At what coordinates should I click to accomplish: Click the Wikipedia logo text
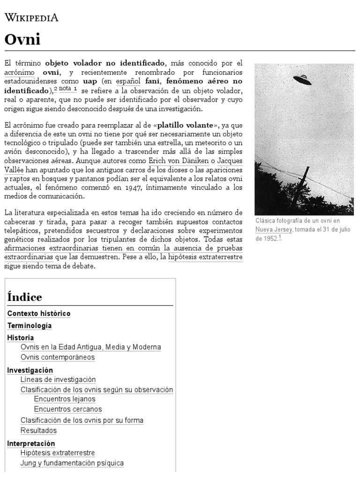pos(31,18)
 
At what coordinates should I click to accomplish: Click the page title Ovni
pos(22,39)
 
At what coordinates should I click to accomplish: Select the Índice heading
pos(25,297)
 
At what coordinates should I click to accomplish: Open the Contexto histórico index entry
pos(39,313)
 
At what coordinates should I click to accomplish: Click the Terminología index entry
pos(30,325)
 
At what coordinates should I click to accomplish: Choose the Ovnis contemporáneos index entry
pos(58,357)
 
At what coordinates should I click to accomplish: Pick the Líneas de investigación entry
pos(58,380)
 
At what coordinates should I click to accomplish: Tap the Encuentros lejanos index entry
pos(65,399)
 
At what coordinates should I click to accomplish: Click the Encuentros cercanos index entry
pos(68,409)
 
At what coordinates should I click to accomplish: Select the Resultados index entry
pos(38,430)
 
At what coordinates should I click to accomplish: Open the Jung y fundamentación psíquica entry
pos(72,463)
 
